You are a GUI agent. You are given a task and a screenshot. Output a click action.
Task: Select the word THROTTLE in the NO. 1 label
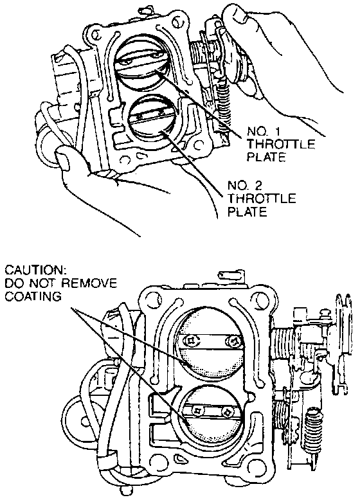click(281, 144)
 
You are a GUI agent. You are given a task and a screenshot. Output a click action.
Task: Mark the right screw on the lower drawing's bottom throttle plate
click(228, 412)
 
